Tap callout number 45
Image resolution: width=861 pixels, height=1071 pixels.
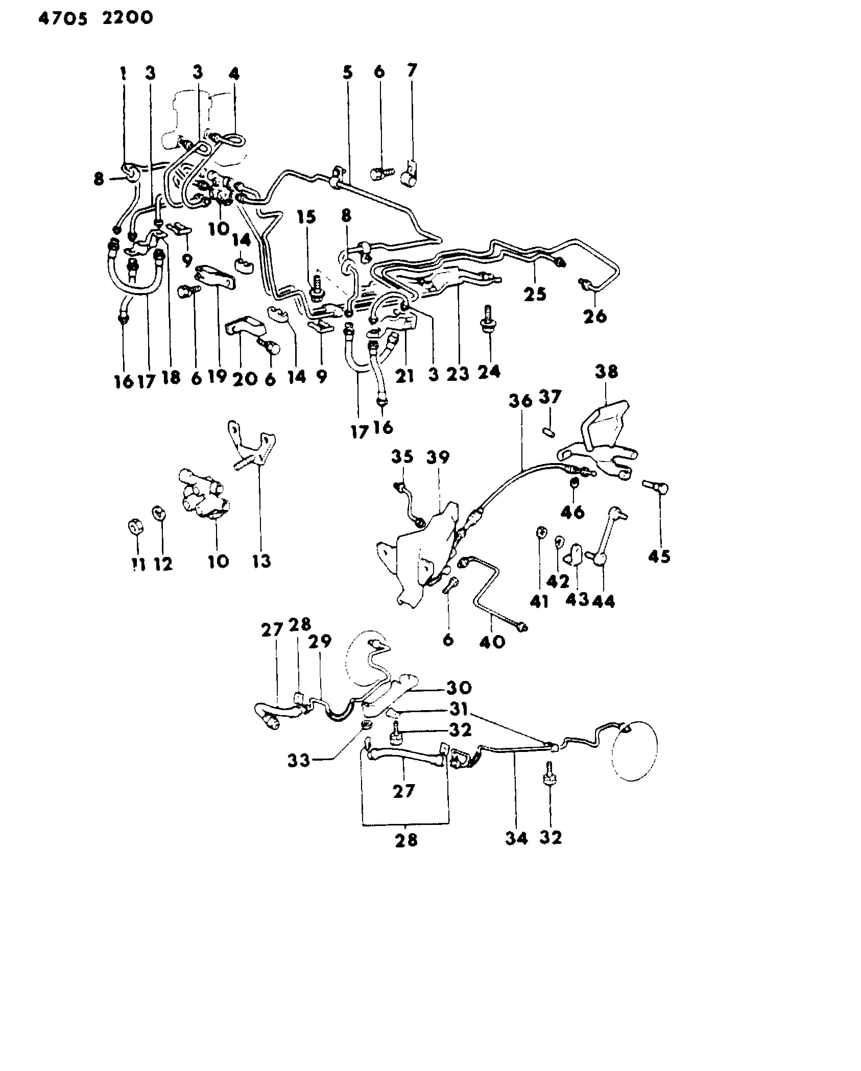click(659, 556)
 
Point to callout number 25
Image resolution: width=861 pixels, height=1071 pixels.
click(535, 294)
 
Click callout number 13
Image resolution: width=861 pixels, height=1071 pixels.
click(261, 561)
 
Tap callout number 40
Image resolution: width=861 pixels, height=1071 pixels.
click(492, 641)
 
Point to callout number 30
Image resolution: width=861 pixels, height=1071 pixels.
click(459, 688)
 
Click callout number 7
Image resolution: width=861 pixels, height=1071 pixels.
click(412, 70)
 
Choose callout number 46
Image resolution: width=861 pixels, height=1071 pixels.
click(572, 512)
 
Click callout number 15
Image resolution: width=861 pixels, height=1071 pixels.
click(306, 217)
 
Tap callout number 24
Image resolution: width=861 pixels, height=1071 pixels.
click(489, 371)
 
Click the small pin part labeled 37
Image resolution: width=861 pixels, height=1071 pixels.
click(548, 432)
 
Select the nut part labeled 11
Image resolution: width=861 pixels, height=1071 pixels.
click(135, 526)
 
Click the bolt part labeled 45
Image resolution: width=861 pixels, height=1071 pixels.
click(656, 487)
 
